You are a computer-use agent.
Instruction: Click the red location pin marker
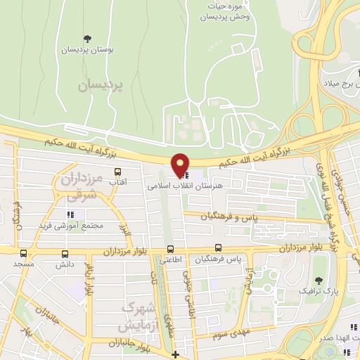[x=181, y=165]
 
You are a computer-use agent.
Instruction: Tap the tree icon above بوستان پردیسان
[x=87, y=39]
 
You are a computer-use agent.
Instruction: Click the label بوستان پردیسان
[x=88, y=51]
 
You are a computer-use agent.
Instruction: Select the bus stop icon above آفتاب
[x=117, y=172]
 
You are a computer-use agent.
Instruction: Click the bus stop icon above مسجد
[x=24, y=252]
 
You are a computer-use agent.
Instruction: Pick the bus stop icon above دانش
[x=65, y=253]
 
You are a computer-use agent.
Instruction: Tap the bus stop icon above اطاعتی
[x=170, y=248]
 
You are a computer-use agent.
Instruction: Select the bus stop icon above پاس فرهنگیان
[x=218, y=247]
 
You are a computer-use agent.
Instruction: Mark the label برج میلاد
[x=340, y=83]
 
